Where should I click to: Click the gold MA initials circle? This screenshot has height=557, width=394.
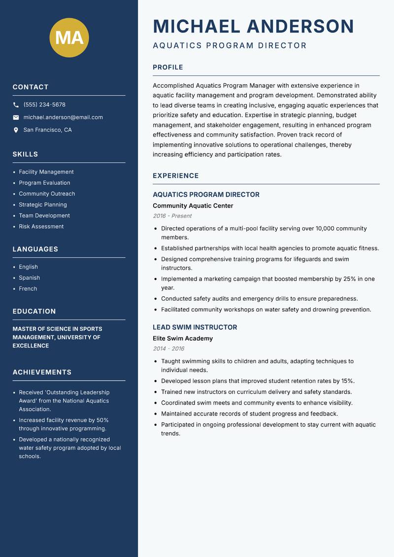click(69, 37)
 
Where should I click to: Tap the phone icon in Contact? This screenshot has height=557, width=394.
click(16, 105)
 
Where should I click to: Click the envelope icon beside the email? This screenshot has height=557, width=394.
click(16, 117)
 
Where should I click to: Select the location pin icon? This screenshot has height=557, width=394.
click(16, 130)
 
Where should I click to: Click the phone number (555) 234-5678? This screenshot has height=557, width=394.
click(44, 105)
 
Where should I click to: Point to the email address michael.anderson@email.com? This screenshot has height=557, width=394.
click(63, 117)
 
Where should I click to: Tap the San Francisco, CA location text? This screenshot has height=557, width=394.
click(47, 130)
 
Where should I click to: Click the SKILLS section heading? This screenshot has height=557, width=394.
click(25, 154)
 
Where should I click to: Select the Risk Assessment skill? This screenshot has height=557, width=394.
click(41, 227)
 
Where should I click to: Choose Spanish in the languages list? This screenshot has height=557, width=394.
click(30, 278)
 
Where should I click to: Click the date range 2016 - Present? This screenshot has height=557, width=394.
click(172, 216)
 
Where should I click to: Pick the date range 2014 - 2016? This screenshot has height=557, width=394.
click(168, 348)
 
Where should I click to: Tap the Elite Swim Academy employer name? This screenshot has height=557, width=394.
click(183, 339)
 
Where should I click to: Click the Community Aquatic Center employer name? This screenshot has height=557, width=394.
click(193, 206)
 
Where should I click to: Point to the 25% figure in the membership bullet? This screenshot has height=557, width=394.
click(349, 279)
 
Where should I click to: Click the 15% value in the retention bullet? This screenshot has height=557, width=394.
click(348, 381)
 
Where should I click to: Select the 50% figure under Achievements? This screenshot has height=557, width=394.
click(102, 420)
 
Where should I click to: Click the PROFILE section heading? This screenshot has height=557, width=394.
click(168, 68)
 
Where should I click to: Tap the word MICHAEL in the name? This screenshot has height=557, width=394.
click(197, 27)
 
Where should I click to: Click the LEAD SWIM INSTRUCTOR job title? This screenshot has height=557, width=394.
click(195, 327)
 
